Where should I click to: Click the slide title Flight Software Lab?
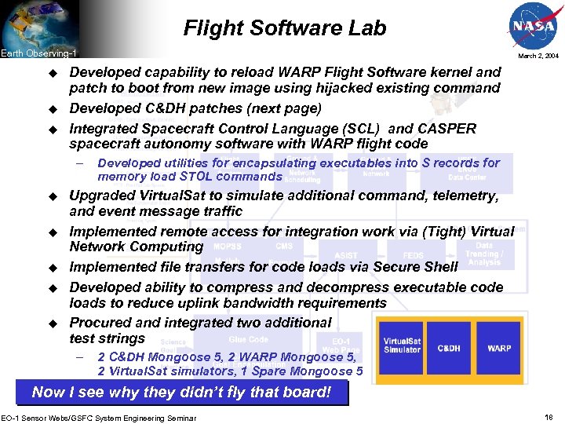pos(285,29)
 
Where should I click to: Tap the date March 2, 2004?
pos(538,56)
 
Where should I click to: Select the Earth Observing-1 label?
pos(38,53)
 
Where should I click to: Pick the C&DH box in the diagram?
pos(449,348)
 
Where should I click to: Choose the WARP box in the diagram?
pos(499,348)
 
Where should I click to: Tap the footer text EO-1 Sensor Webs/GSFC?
pos(98,417)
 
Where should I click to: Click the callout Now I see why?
pos(181,392)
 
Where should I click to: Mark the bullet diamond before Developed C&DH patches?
pos(54,108)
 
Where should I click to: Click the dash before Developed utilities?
pos(79,163)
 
